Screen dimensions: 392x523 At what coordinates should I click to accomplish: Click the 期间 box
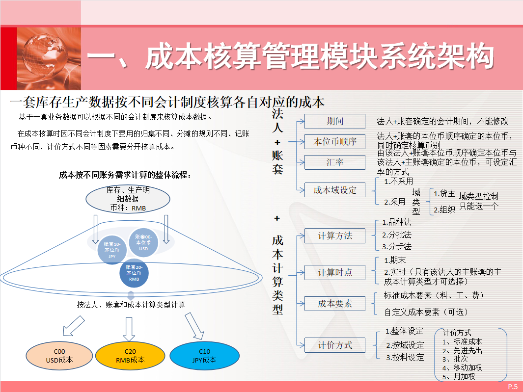click(x=335, y=121)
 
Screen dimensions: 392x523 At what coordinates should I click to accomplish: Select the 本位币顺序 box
click(x=335, y=142)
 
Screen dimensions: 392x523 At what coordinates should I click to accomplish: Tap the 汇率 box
click(x=335, y=162)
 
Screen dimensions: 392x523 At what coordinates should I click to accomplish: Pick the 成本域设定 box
click(x=335, y=190)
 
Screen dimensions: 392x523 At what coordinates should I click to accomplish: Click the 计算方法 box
click(x=335, y=235)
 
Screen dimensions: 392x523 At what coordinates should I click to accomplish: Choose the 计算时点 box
click(x=335, y=272)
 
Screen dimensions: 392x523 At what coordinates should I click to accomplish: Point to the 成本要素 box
click(x=335, y=304)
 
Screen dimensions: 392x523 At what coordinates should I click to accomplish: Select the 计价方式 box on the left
click(x=335, y=345)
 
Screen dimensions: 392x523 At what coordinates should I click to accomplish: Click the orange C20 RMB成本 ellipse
click(x=130, y=356)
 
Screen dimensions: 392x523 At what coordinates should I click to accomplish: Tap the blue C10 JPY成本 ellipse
click(x=204, y=356)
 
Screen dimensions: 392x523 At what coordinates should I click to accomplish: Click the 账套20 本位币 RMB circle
click(x=134, y=272)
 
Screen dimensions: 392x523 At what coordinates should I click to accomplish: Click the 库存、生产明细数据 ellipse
click(x=128, y=199)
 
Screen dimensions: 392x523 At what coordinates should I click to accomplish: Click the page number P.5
click(x=513, y=387)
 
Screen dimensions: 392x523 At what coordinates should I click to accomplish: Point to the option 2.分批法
click(x=397, y=235)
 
